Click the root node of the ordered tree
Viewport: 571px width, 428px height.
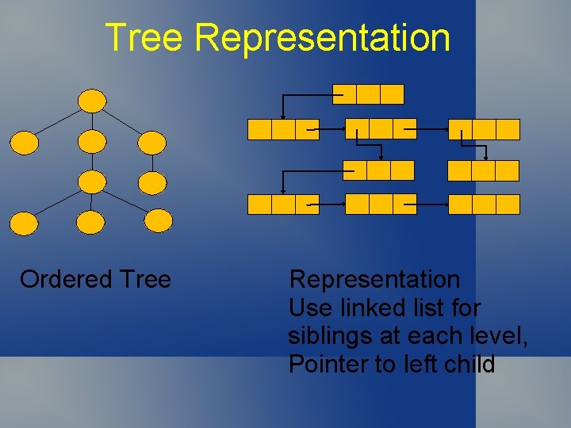[93, 101]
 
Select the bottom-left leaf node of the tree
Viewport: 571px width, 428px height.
[24, 223]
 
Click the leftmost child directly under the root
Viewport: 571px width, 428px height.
[24, 143]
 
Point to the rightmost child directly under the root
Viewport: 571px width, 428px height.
[152, 143]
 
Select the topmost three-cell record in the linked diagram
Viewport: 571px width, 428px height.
[368, 94]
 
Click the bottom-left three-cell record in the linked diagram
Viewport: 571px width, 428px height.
[283, 204]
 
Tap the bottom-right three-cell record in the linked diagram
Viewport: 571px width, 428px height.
[484, 204]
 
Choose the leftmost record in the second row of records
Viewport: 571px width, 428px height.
[283, 129]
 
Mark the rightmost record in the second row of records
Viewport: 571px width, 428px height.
[484, 129]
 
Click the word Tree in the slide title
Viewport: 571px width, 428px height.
[144, 37]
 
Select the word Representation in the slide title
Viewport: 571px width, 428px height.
[322, 37]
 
